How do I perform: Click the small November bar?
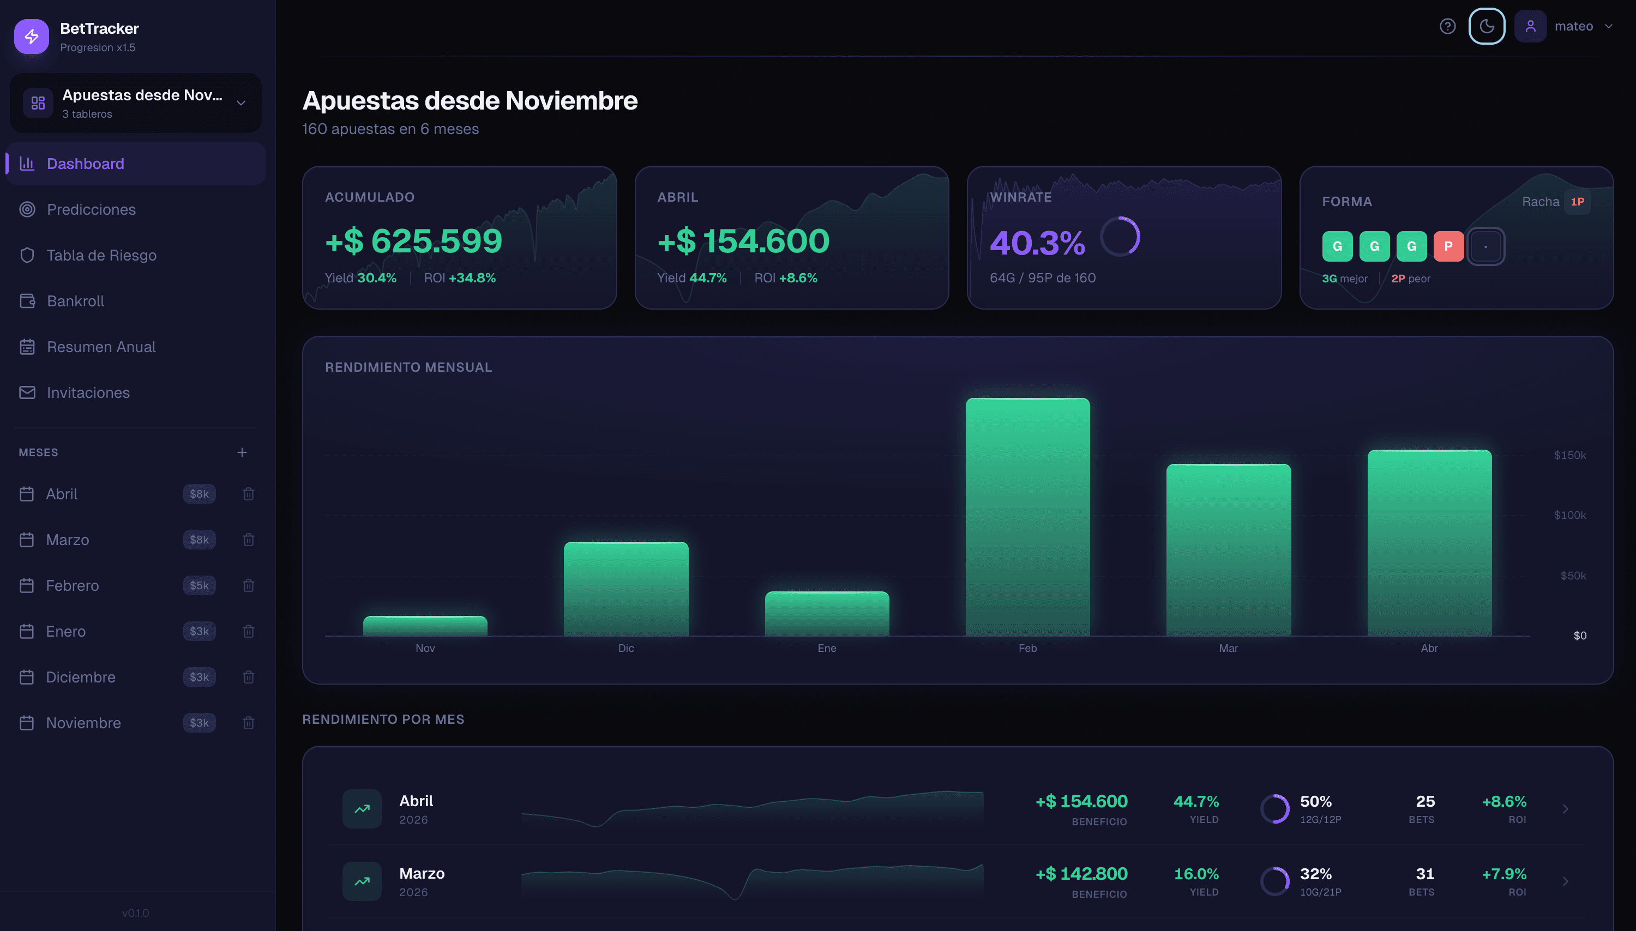[x=425, y=625]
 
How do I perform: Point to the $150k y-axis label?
[x=1569, y=455]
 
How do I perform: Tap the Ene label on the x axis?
[x=826, y=648]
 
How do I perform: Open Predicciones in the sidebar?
[x=91, y=209]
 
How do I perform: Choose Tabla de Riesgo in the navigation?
[x=101, y=255]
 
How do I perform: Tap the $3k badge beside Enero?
[x=199, y=631]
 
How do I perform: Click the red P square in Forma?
[x=1448, y=246]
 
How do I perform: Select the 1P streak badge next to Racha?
[x=1577, y=202]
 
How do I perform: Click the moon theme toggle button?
[x=1487, y=26]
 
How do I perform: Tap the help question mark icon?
[x=1447, y=26]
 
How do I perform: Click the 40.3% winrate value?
[x=1037, y=243]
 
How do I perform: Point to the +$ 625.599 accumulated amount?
[x=413, y=241]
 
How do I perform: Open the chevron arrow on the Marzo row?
[x=1565, y=881]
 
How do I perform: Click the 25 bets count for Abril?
[x=1424, y=801]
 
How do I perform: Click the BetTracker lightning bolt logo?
[x=31, y=37]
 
